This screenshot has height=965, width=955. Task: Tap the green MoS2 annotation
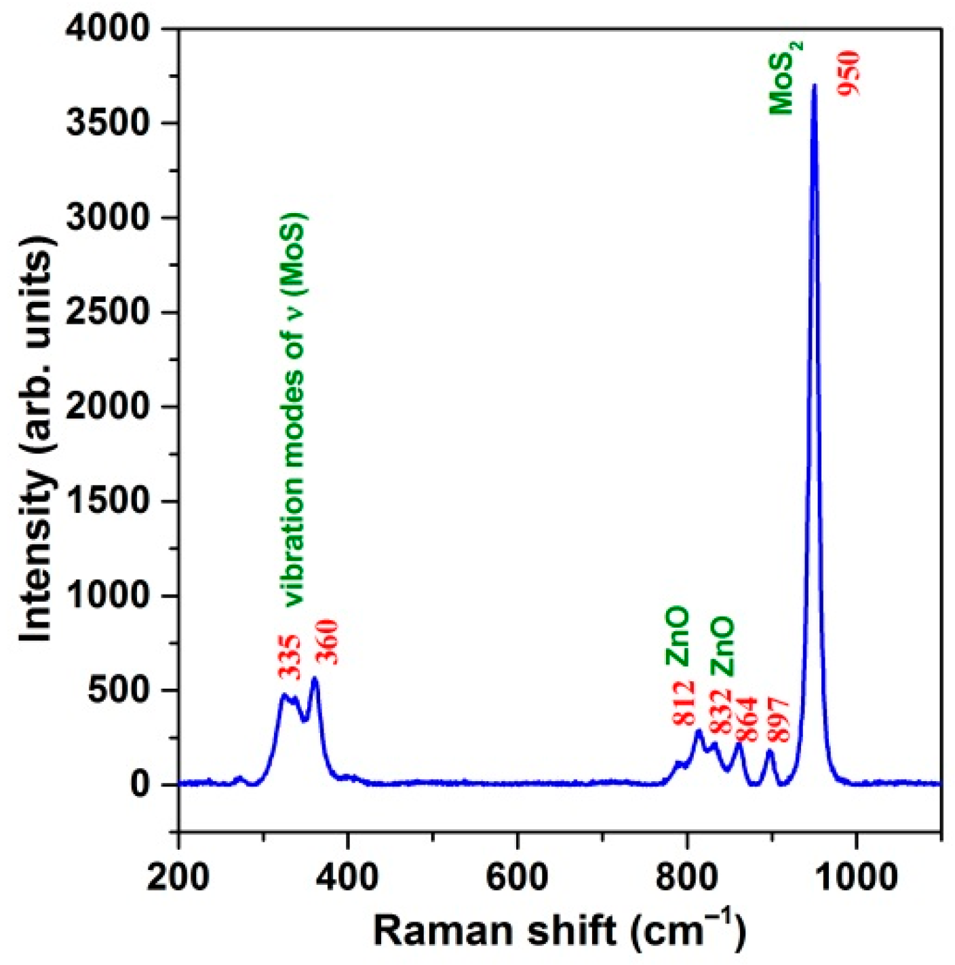[x=785, y=77]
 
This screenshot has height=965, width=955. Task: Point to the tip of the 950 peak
[x=815, y=86]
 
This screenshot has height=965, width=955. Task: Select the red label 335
[x=290, y=657]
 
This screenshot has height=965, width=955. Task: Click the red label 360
[x=327, y=641]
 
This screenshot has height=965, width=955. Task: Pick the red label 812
[x=684, y=703]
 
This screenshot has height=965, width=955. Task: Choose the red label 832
[x=720, y=711]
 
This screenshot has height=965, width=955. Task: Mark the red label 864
[x=746, y=719]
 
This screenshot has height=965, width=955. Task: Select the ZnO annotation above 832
[x=722, y=647]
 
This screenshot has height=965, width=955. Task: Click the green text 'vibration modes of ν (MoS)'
[x=294, y=410]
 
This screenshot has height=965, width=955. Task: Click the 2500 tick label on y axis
[x=108, y=312]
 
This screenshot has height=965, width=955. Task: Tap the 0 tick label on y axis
[x=139, y=784]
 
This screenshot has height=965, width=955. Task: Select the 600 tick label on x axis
[x=518, y=877]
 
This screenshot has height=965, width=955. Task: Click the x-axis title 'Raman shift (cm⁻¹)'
[x=559, y=930]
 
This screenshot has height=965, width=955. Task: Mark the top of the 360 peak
[x=314, y=679]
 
